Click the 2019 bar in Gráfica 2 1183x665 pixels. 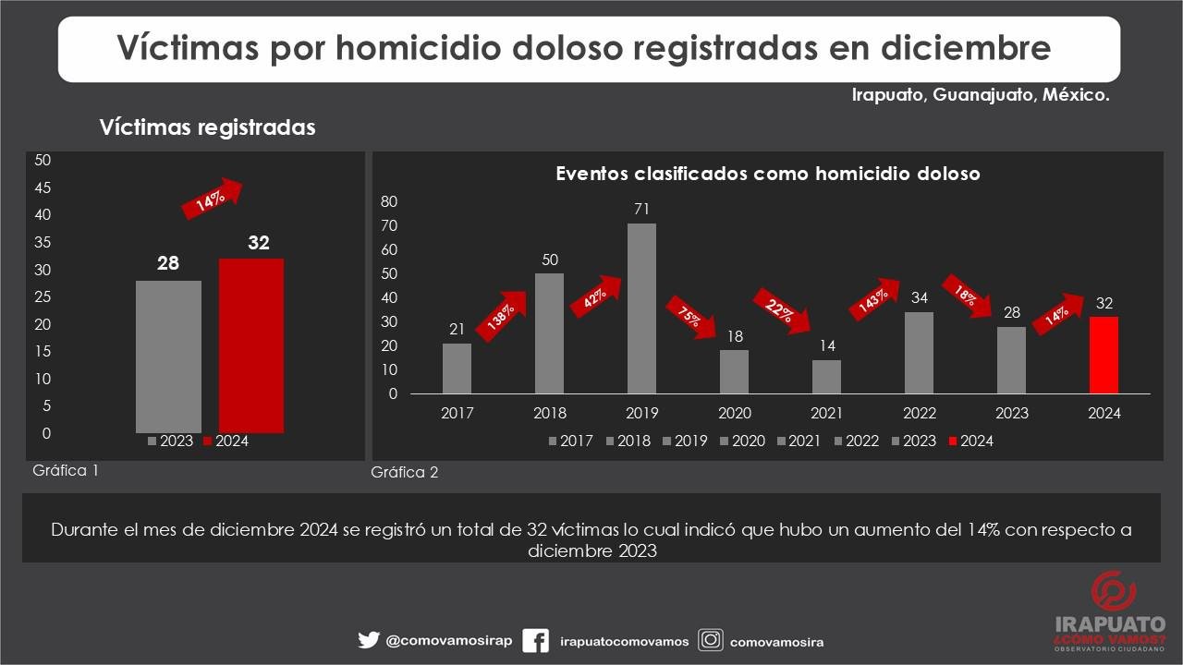point(641,308)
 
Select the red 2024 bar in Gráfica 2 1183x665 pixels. point(1104,355)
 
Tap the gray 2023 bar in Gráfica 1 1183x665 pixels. point(168,357)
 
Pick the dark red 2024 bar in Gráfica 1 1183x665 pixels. point(251,345)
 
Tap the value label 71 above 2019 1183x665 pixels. point(642,209)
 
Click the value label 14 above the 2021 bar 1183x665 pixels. point(826,345)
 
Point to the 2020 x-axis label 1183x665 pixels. point(735,413)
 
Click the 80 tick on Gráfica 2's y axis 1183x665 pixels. point(389,202)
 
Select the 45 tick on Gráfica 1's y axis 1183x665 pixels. point(43,187)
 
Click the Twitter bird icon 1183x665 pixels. point(368,640)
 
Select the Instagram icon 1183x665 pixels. point(710,640)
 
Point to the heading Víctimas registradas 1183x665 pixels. point(207,127)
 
